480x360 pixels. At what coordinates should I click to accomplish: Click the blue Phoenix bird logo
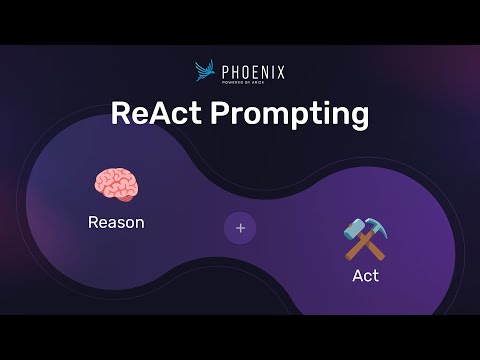(206, 71)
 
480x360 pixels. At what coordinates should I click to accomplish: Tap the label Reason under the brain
(116, 222)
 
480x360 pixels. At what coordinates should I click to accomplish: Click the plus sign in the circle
(240, 228)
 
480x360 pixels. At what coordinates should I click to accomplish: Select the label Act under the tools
(365, 275)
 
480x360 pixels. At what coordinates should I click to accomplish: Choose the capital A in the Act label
(357, 275)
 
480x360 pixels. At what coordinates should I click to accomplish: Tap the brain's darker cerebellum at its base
(127, 197)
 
